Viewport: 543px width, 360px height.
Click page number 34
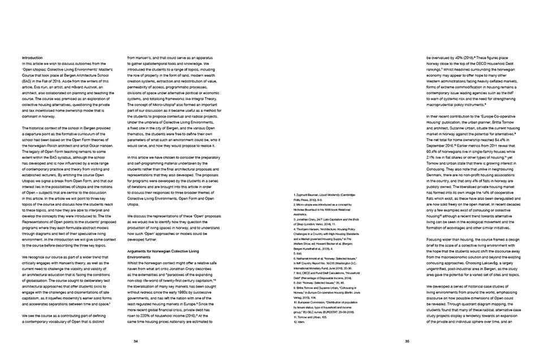tap(136, 341)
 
